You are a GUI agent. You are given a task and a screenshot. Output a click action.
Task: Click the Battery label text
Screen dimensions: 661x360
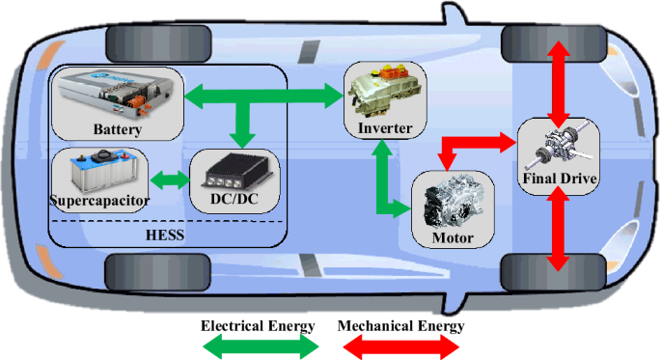click(x=117, y=129)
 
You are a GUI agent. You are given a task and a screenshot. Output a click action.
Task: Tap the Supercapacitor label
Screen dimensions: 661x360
click(x=99, y=200)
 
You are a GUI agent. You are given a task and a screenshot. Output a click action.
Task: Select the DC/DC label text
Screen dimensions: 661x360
click(x=234, y=198)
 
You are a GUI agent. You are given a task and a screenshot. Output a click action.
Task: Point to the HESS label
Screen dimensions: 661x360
click(x=165, y=235)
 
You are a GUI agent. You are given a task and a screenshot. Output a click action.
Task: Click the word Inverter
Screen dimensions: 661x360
click(x=385, y=127)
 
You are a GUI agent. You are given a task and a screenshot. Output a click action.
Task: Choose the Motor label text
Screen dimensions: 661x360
click(x=453, y=237)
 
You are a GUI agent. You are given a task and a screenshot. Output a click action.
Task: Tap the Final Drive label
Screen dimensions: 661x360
click(x=560, y=179)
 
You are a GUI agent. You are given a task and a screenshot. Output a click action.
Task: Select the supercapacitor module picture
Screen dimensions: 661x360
click(x=104, y=171)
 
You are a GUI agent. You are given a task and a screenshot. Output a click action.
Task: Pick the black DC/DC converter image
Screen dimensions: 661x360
click(x=237, y=170)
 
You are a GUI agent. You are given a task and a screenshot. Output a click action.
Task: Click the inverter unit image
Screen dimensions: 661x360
click(x=384, y=91)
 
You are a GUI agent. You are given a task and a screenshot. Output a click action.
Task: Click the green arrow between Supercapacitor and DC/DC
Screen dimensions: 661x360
click(x=170, y=180)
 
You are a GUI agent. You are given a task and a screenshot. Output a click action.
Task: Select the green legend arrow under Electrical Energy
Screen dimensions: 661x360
click(x=261, y=346)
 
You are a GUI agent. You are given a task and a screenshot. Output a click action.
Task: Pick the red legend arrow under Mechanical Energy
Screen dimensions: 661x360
click(x=400, y=346)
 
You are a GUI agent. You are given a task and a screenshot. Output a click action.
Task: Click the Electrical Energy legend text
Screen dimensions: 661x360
click(x=258, y=326)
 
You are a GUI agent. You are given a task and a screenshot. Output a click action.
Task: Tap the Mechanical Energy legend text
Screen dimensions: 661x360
click(x=400, y=326)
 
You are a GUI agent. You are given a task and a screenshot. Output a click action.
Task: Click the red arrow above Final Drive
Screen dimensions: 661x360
click(x=559, y=84)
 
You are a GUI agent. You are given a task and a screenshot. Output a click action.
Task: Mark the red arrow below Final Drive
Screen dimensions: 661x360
click(x=559, y=228)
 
